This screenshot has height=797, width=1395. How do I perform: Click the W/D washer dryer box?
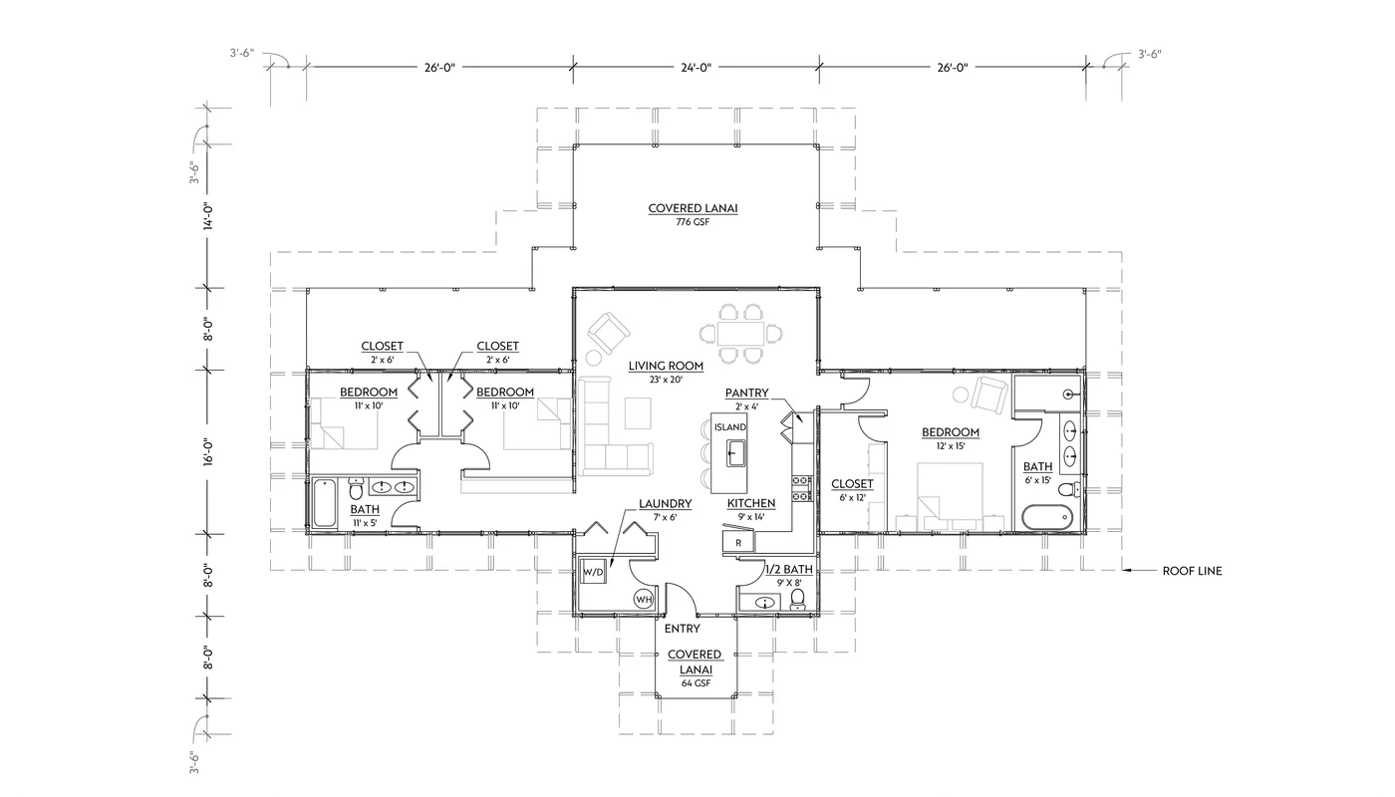point(593,573)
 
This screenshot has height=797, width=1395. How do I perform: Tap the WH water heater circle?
point(644,599)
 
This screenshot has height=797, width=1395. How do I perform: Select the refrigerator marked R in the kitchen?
point(737,542)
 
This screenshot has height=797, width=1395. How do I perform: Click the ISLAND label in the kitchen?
point(729,427)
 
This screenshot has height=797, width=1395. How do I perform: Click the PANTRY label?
point(746,393)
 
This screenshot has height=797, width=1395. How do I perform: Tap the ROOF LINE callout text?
point(1191,571)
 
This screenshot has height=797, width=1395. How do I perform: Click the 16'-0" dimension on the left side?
point(208,452)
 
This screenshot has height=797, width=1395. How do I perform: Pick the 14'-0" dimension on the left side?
point(208,216)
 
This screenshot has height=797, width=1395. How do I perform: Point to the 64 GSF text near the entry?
point(695,683)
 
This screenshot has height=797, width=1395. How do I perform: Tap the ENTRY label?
point(682,629)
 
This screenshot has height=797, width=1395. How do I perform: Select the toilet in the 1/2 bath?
point(797,599)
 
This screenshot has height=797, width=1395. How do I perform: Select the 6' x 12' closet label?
point(852,484)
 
